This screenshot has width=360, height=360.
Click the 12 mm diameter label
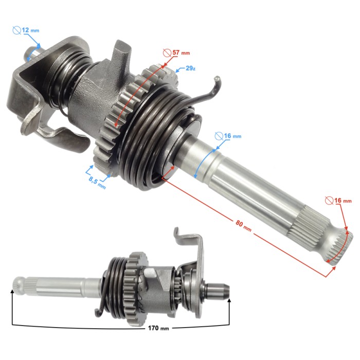click(30, 30)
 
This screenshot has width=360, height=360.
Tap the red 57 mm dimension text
click(182, 52)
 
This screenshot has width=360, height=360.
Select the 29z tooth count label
click(191, 68)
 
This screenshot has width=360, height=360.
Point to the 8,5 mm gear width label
click(97, 182)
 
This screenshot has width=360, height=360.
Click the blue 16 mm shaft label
click(233, 136)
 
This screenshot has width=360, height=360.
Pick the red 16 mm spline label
click(343, 201)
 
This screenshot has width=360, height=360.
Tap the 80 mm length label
click(243, 226)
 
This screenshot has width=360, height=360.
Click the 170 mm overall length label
click(158, 328)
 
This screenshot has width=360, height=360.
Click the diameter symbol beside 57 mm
click(167, 53)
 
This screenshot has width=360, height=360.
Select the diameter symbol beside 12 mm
click(17, 30)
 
